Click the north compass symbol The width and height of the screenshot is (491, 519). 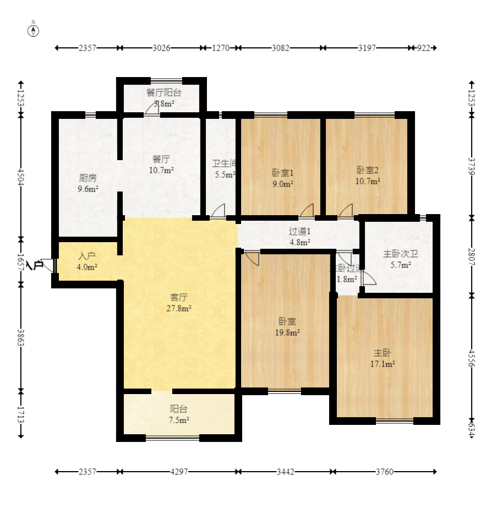[34, 30]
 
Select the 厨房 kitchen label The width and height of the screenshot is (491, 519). [88, 178]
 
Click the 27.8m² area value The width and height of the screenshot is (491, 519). [179, 309]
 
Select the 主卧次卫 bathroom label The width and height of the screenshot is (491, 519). [400, 254]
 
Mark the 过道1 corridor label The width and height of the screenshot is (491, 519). [300, 231]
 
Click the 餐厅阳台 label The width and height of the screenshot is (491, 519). [163, 92]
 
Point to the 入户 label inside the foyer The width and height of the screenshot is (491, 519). [87, 256]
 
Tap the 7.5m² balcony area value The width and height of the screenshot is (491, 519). [179, 420]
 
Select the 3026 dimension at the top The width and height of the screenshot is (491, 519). [161, 48]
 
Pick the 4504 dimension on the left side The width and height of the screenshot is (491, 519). [21, 178]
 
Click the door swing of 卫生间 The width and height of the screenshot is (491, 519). [219, 210]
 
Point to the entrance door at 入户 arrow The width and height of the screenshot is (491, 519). [48, 265]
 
